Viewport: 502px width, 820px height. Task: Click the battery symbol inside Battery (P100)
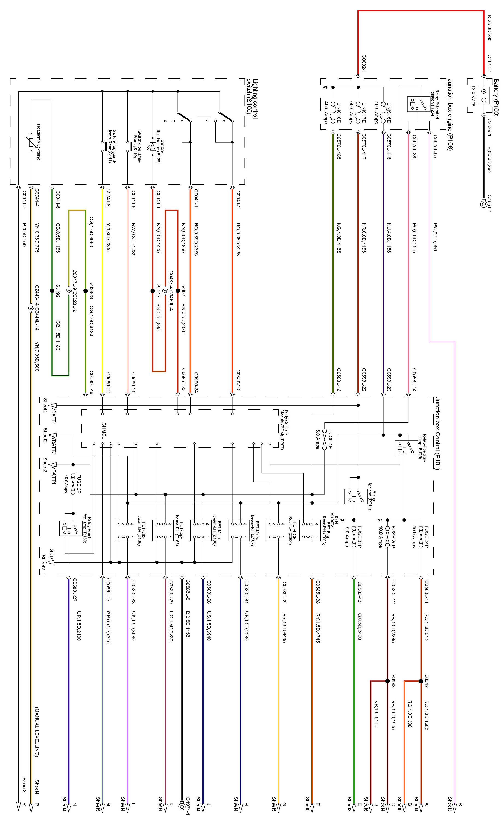pos(483,95)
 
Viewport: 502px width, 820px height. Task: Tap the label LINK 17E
pos(364,113)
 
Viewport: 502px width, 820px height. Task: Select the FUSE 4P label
pos(331,440)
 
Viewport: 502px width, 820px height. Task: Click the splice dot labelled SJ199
pos(52,291)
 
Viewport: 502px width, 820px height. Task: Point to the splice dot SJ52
pos(178,291)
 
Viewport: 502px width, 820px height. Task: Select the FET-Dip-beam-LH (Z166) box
pos(125,530)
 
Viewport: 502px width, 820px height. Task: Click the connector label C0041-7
pos(24,200)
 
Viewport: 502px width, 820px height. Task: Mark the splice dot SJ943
pos(387,681)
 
